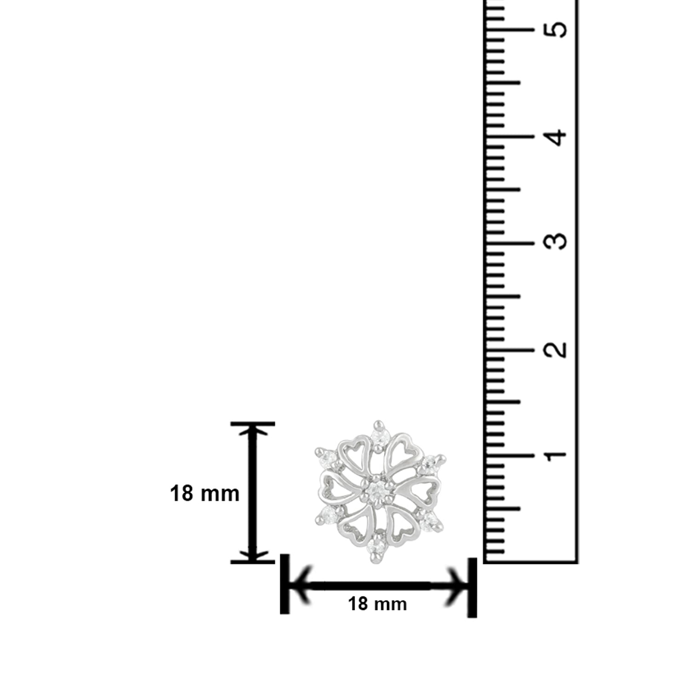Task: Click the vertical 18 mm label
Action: tap(205, 494)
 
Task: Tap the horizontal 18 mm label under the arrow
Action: tap(377, 604)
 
